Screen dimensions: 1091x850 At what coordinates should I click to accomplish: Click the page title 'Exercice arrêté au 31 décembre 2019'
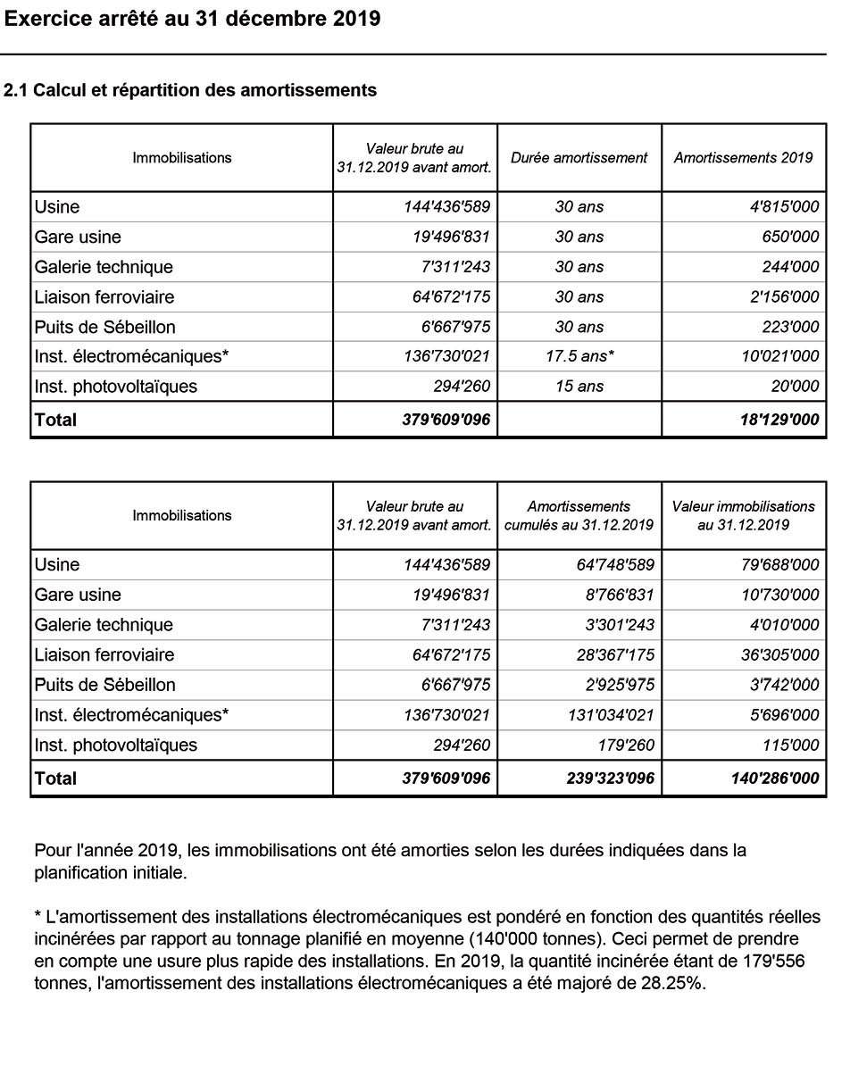tap(192, 19)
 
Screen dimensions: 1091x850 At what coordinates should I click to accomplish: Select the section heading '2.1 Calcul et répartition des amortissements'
tap(190, 90)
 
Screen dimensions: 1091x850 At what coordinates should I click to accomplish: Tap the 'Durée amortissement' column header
tap(579, 158)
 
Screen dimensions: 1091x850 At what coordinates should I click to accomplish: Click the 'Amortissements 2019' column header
tap(743, 158)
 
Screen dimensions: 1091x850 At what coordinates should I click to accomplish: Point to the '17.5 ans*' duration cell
tap(579, 356)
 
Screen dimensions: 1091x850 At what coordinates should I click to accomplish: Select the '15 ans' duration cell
tap(579, 387)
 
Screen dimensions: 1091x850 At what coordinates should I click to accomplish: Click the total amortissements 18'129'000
tap(779, 420)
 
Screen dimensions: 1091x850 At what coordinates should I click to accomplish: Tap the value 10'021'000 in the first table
tap(779, 356)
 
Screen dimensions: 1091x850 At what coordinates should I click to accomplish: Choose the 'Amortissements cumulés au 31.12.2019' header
tap(579, 516)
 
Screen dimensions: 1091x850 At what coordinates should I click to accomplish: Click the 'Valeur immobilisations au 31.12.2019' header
tap(743, 516)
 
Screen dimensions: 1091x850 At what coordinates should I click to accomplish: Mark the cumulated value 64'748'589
tap(615, 565)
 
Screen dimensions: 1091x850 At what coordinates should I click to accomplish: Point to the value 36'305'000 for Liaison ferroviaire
tap(779, 655)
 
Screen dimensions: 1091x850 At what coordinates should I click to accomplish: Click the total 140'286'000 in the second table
tap(774, 779)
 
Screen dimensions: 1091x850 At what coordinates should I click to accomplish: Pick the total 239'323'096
tap(610, 779)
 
